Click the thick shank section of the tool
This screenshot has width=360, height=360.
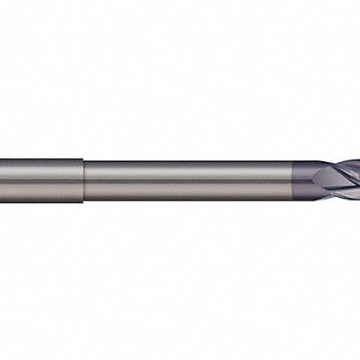tap(40, 180)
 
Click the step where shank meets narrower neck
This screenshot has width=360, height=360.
tap(84, 180)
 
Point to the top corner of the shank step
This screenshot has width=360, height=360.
tap(84, 160)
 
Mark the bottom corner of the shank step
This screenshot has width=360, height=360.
tap(84, 200)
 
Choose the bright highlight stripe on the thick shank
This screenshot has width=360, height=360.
tap(40, 170)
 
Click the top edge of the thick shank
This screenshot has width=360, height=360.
tap(40, 159)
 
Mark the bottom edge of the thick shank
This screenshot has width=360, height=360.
tap(40, 201)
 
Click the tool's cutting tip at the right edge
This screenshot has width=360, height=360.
tap(357, 180)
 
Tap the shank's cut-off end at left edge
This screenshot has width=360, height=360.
tap(2, 180)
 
